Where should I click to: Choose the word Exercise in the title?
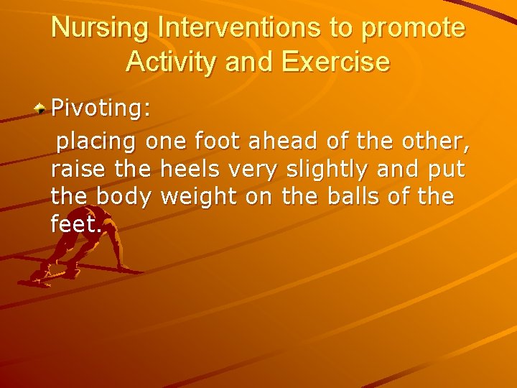pyautogui.click(x=335, y=62)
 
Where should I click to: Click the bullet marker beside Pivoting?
pyautogui.click(x=42, y=108)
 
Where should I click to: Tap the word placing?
pyautogui.click(x=96, y=142)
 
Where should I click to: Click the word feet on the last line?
pyautogui.click(x=75, y=223)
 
